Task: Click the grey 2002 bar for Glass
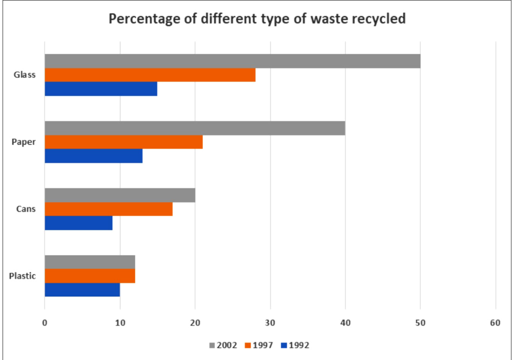[232, 61]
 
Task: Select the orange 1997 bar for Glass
[150, 75]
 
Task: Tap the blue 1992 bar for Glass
[101, 89]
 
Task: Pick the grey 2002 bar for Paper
[195, 128]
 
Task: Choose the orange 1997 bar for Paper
[124, 142]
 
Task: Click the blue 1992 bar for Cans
[78, 223]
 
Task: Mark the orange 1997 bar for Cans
[109, 209]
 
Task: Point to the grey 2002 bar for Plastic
[90, 262]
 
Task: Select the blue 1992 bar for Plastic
[82, 290]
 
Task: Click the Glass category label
[25, 75]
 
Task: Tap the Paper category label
[24, 142]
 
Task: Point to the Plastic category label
[23, 276]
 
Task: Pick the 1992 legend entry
[295, 345]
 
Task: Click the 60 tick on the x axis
[495, 323]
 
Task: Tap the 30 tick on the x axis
[270, 323]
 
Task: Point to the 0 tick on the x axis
[45, 323]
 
